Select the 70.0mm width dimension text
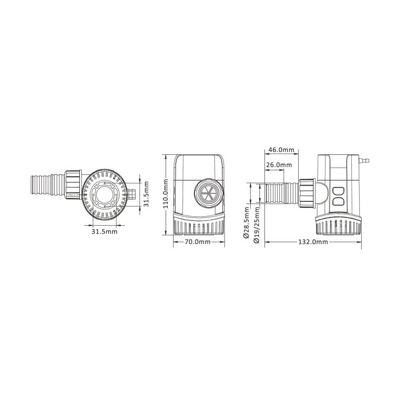[x=198, y=242]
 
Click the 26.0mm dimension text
[x=279, y=165]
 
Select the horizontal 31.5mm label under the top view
[x=104, y=231]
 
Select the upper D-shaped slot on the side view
[x=338, y=190]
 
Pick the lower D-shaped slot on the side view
[x=338, y=201]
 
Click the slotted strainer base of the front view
[x=198, y=225]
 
